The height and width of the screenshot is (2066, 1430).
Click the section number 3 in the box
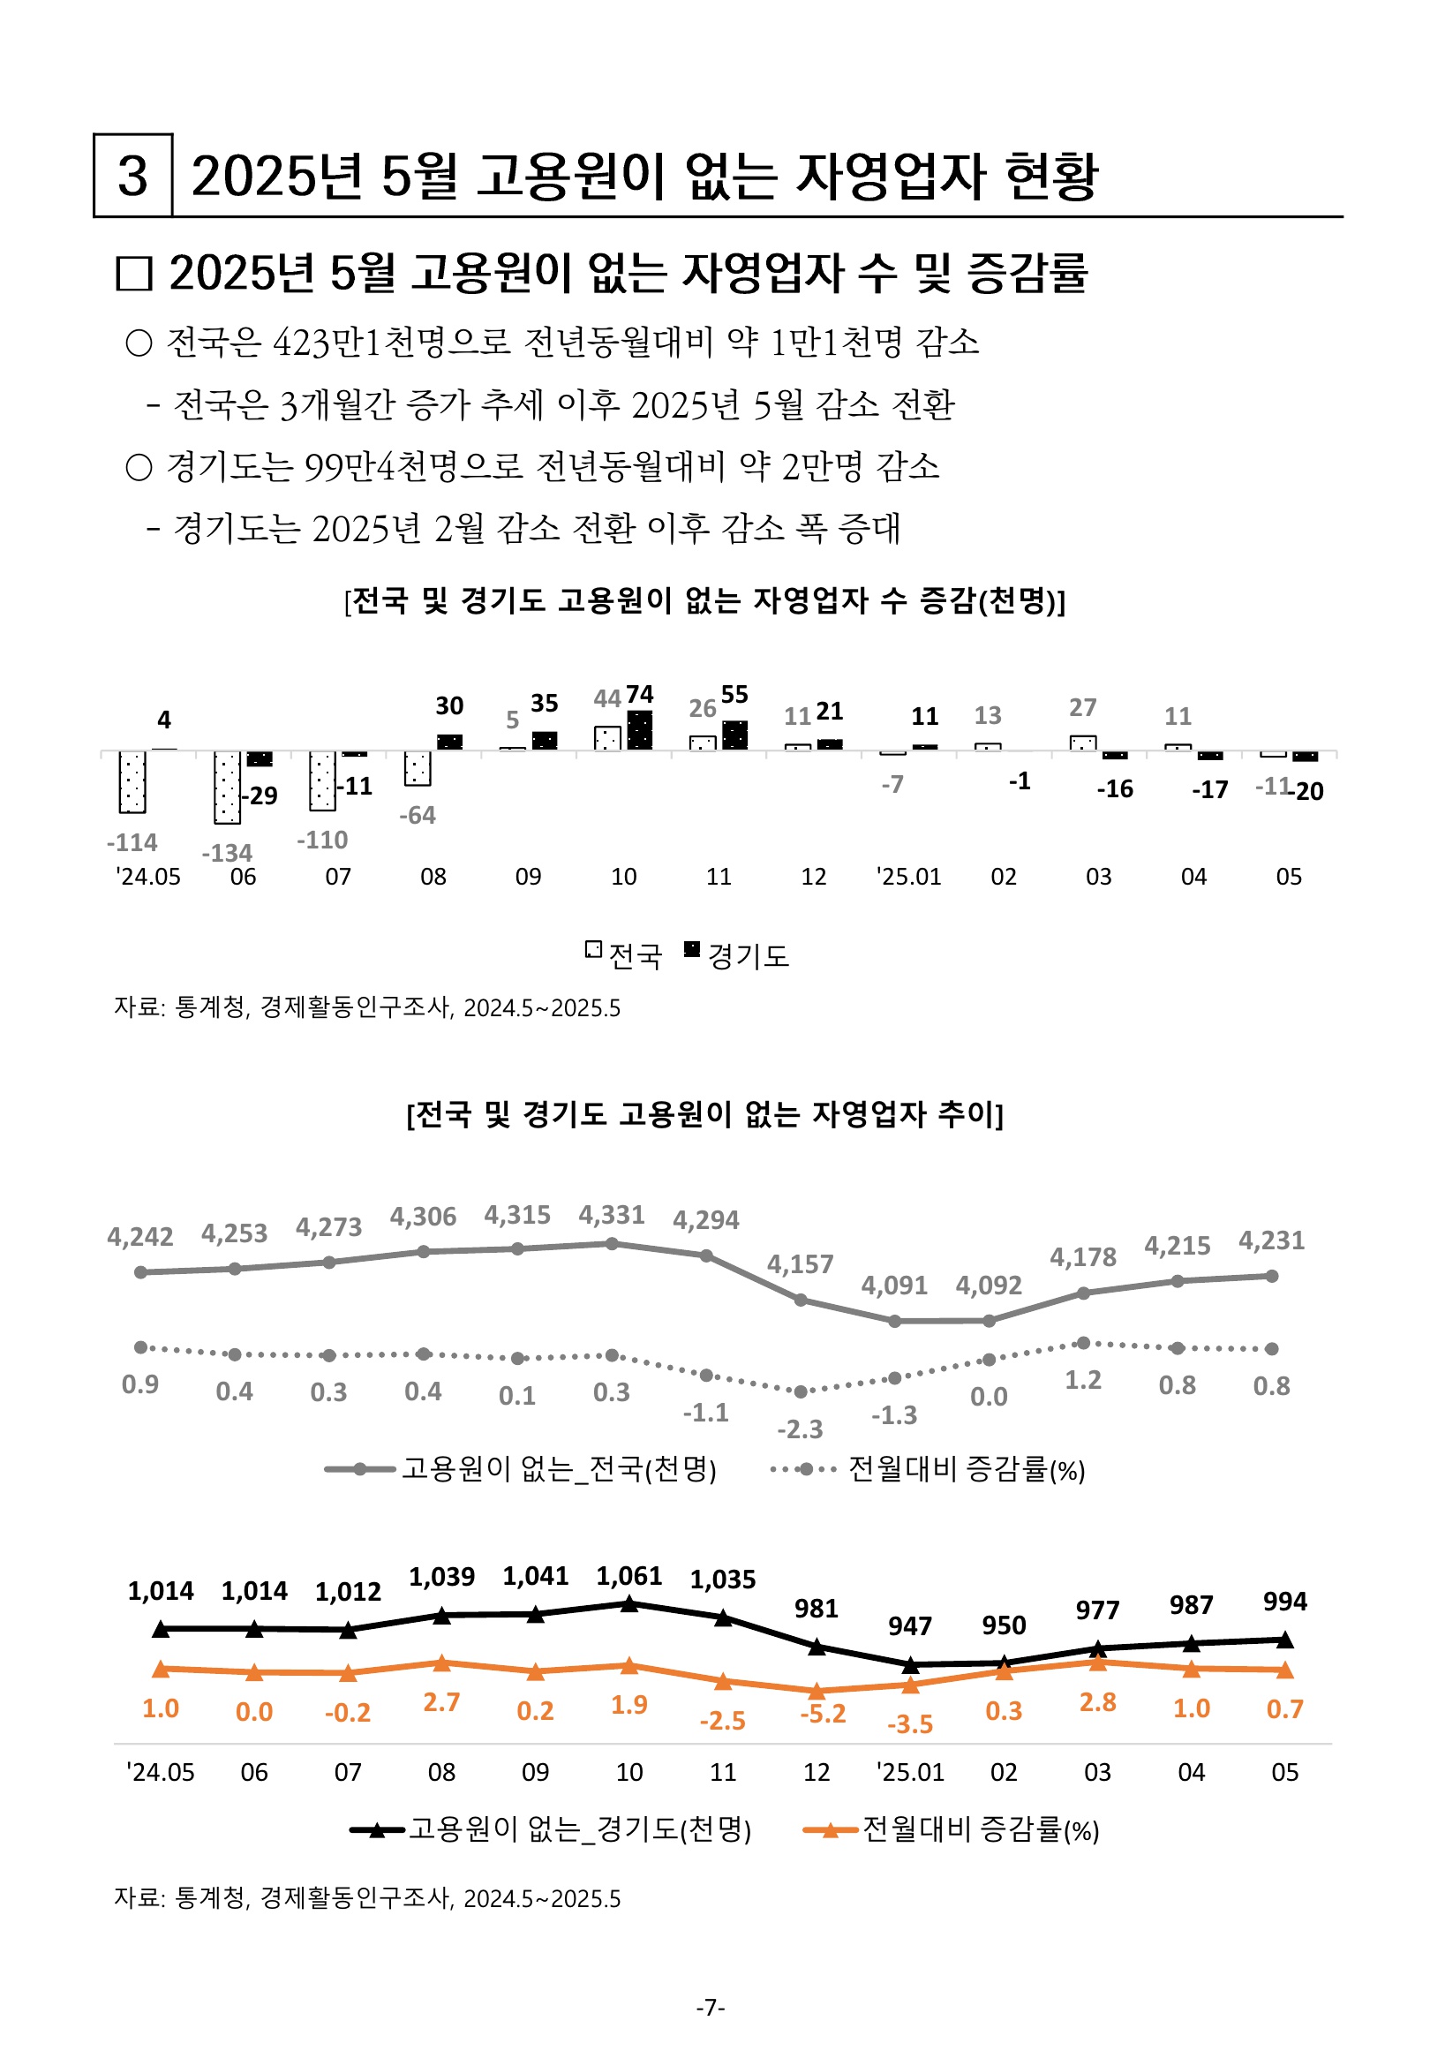[x=132, y=176]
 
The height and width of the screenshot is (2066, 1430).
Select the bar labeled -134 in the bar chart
[x=228, y=788]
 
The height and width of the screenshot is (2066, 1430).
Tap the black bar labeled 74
[x=640, y=731]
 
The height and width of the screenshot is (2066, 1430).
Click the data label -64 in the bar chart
[x=418, y=815]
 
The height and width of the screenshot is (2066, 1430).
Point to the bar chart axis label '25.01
[x=908, y=876]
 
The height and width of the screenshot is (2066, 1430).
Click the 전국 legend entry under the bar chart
[x=624, y=955]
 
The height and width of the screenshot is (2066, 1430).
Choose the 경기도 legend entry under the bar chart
[x=736, y=955]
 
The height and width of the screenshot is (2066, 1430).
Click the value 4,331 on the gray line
[x=612, y=1215]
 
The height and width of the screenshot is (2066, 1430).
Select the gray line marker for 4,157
[x=801, y=1300]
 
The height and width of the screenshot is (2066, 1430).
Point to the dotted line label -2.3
[x=800, y=1429]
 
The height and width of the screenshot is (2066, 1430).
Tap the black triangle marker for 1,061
[x=630, y=1603]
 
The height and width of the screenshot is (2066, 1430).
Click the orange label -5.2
[x=824, y=1714]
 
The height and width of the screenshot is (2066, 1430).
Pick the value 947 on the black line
[x=910, y=1626]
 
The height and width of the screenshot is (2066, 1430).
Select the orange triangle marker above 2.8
[x=1097, y=1663]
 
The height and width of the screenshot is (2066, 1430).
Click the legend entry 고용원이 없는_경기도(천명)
[x=551, y=1828]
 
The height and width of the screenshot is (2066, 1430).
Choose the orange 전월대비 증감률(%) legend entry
[x=952, y=1828]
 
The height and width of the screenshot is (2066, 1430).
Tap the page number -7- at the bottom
[x=711, y=2007]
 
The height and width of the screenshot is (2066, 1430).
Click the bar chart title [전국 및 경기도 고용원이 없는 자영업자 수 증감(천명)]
[x=705, y=600]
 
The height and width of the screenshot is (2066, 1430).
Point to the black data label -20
[x=1307, y=791]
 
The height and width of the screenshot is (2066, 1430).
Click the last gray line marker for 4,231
[x=1272, y=1276]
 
